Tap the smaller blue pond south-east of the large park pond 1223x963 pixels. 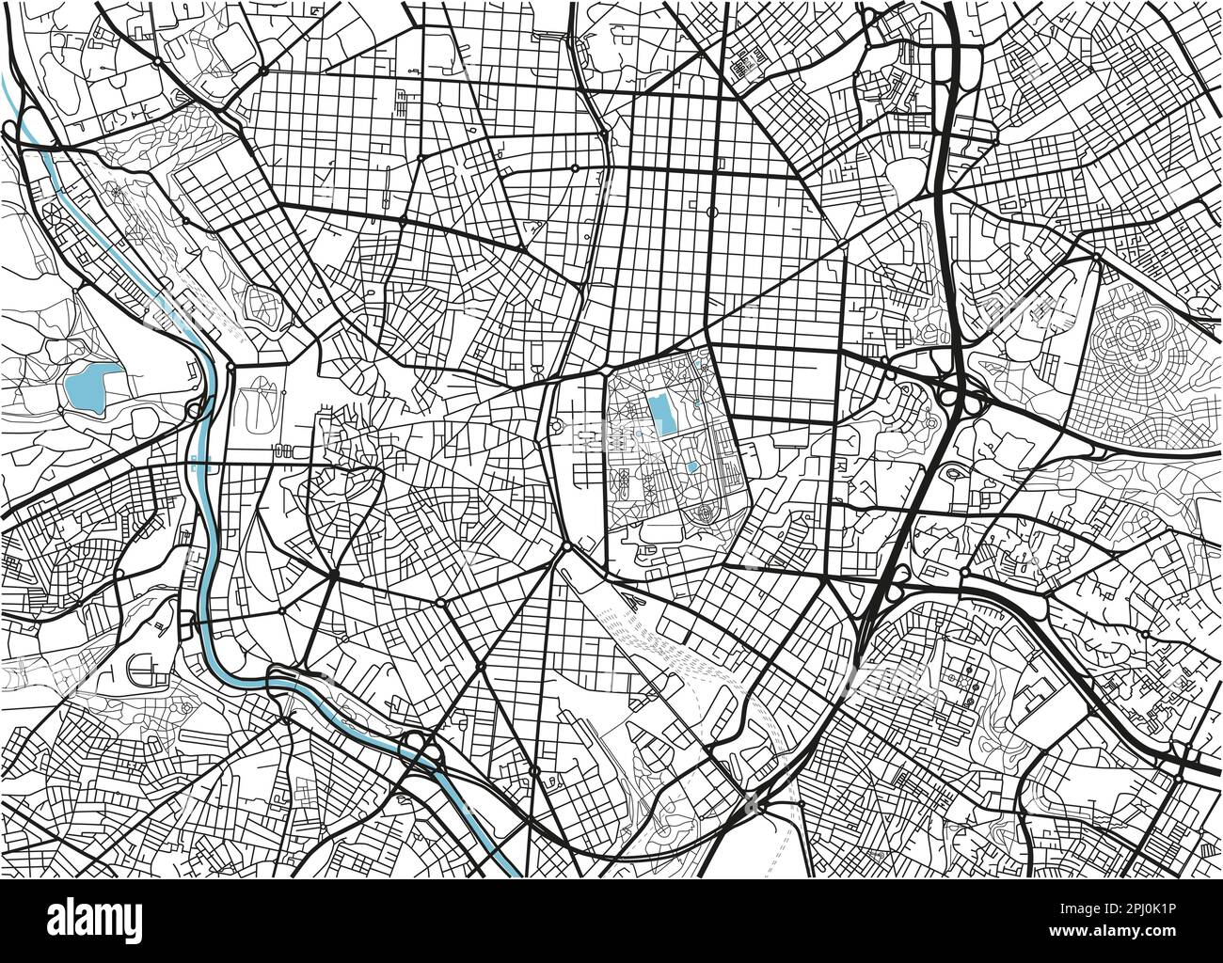692,466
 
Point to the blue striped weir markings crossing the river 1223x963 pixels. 193,462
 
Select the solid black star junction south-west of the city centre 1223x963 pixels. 333,572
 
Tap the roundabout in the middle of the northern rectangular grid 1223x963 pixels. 712,213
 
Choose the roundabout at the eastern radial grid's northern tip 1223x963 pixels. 1097,255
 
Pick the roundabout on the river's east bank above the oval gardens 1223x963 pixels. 231,365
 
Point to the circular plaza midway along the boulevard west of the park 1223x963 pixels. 557,428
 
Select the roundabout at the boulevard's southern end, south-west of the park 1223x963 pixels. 567,545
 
